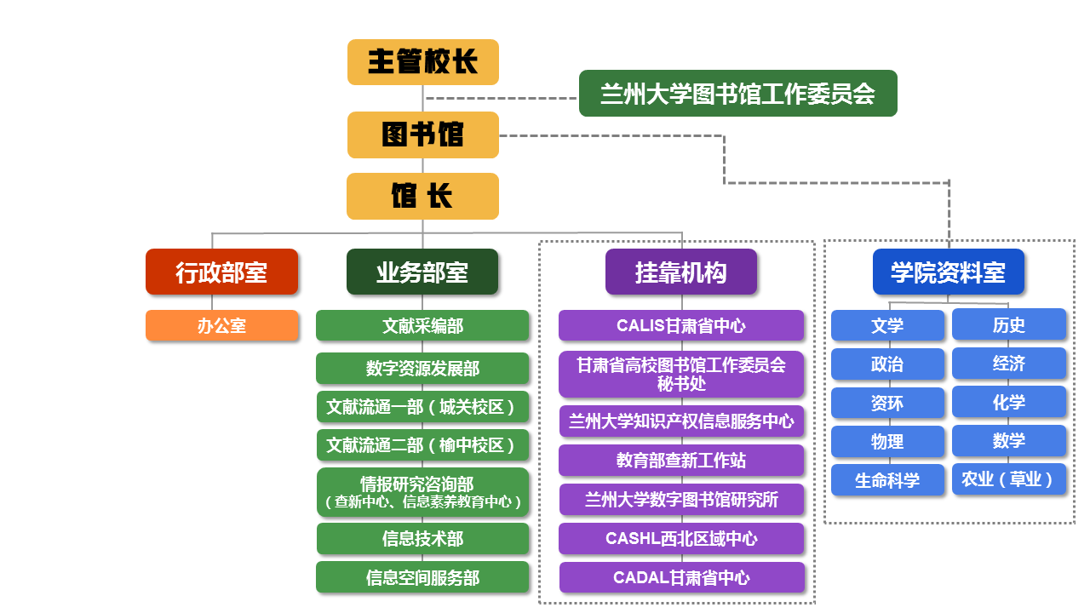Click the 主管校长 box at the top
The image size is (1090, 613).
click(422, 62)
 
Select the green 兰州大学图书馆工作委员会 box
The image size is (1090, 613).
click(737, 93)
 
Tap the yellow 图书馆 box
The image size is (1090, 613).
click(422, 135)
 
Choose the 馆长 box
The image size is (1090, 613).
click(422, 197)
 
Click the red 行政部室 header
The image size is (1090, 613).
click(221, 272)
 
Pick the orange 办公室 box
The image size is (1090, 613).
click(221, 325)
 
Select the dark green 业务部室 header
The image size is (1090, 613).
click(422, 272)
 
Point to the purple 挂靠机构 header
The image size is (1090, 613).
click(680, 272)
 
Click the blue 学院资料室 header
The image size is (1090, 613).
click(948, 272)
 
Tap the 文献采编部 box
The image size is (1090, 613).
click(422, 325)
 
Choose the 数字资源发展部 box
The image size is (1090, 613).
click(422, 369)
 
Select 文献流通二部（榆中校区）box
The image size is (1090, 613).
click(422, 445)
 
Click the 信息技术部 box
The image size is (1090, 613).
click(422, 538)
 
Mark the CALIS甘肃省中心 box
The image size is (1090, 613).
click(681, 325)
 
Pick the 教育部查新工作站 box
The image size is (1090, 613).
click(681, 461)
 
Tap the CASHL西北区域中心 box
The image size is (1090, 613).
click(681, 538)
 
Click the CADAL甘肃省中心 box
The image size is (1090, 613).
click(681, 577)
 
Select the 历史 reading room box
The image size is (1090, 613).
click(1008, 324)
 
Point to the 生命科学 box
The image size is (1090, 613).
click(887, 480)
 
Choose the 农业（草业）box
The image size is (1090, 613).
click(1008, 479)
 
